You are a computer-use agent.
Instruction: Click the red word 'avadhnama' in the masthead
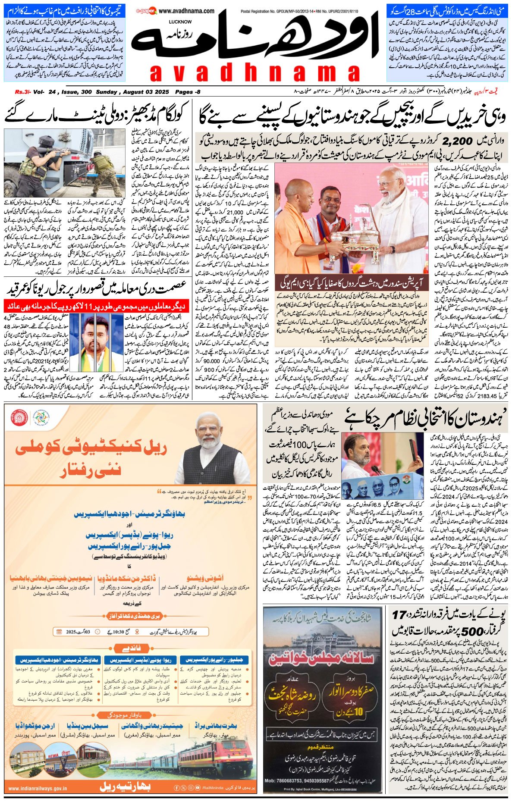point(254,73)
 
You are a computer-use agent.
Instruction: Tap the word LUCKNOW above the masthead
point(180,21)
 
